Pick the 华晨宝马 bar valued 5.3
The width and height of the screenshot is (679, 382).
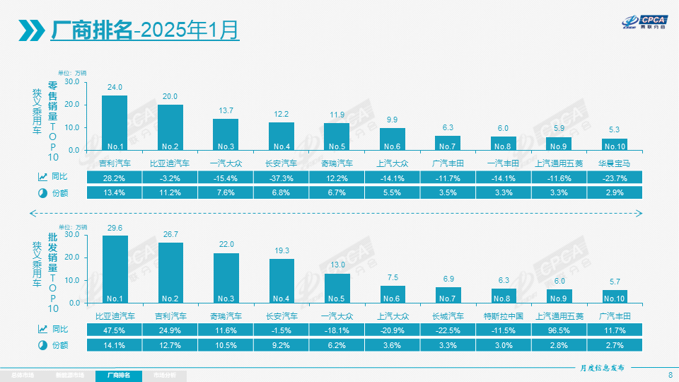[615, 144]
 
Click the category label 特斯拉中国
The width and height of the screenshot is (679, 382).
[504, 316]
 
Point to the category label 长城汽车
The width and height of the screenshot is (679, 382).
[448, 316]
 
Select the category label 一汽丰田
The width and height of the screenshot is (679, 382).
[504, 163]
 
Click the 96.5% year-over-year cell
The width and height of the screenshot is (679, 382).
[559, 330]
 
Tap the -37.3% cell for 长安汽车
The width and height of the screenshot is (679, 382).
[282, 178]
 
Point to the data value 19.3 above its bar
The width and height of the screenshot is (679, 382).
[282, 250]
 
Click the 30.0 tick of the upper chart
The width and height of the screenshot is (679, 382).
[71, 82]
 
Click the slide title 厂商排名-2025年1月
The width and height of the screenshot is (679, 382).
[145, 30]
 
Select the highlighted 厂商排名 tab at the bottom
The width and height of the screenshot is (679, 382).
[119, 375]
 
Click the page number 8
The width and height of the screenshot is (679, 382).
[670, 375]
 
